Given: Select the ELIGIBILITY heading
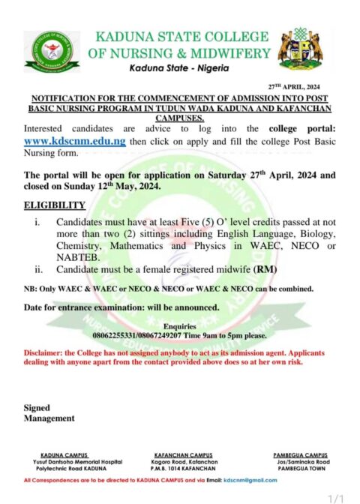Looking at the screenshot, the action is pyautogui.click(x=55, y=205).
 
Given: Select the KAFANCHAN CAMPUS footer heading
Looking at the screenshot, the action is pyautogui.click(x=184, y=454).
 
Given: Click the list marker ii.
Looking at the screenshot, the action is pyautogui.click(x=38, y=268).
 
